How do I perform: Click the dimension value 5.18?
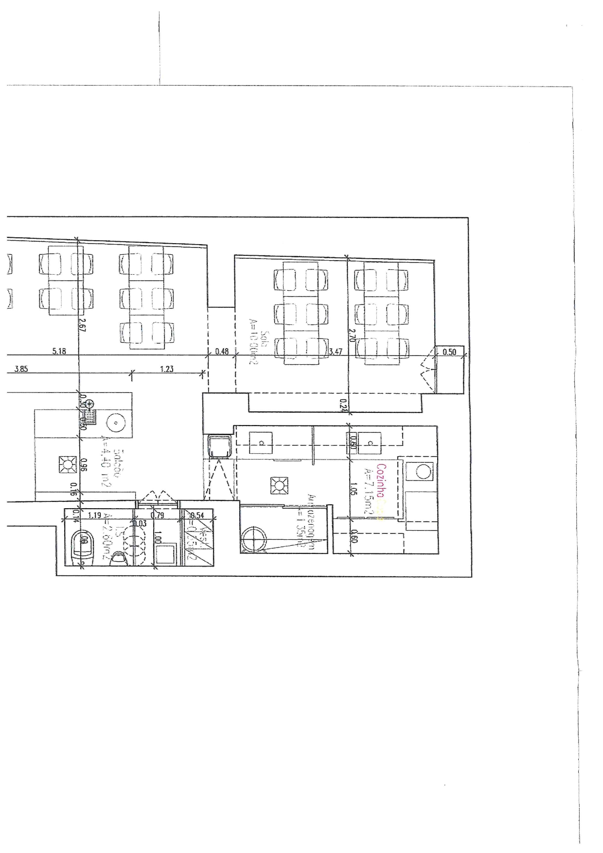59,351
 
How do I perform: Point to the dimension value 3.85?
21,369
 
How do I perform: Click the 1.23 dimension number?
166,369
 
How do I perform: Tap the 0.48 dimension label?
222,351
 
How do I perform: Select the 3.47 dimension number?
336,351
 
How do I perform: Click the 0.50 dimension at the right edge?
449,352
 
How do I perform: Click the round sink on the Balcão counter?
116,423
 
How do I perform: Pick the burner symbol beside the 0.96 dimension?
67,464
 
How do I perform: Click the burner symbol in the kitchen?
279,485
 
